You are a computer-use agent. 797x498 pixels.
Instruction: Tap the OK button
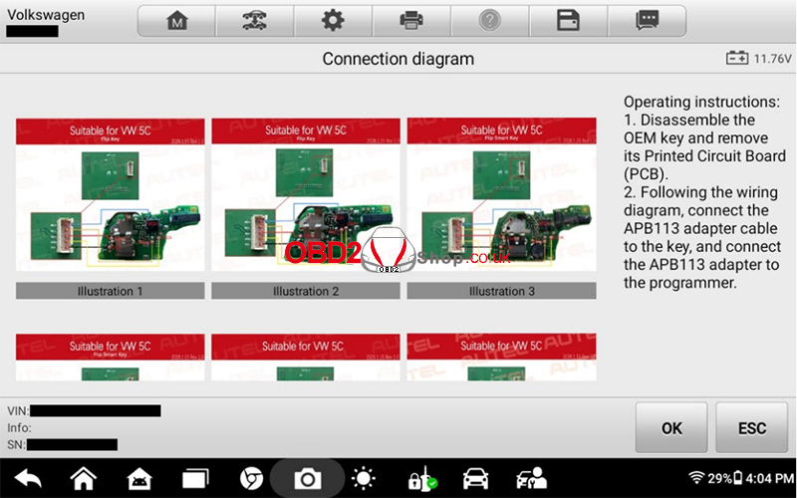pos(671,428)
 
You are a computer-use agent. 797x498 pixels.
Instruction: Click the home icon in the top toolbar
pos(176,21)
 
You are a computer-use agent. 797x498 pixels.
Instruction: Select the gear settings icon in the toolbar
pos(333,21)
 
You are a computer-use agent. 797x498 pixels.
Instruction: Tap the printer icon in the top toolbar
pos(410,21)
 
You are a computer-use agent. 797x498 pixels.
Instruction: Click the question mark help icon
pos(489,21)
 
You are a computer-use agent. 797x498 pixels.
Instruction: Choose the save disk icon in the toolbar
pos(568,21)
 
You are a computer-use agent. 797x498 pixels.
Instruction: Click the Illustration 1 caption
pos(111,291)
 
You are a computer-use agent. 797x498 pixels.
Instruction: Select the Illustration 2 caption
pos(306,291)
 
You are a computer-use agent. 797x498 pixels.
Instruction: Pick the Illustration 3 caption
pos(501,291)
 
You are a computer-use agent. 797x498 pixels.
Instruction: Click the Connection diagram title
pos(398,59)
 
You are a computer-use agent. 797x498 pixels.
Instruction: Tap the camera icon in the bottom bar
pos(308,479)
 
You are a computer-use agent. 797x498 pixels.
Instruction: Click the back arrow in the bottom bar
pos(28,479)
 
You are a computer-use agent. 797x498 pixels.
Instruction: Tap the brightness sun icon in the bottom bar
pos(364,479)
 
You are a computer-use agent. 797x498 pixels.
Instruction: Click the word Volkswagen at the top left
pos(45,15)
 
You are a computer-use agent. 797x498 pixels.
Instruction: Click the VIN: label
pos(18,410)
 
